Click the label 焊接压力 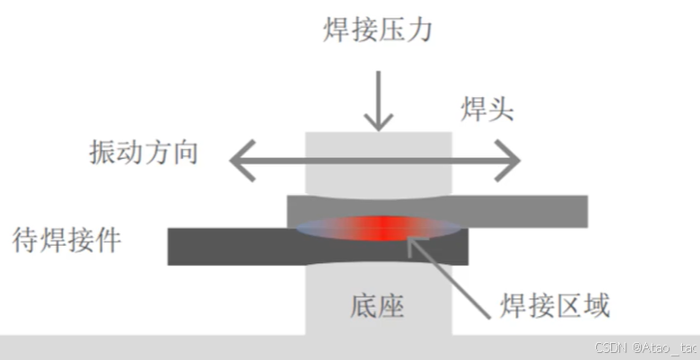[x=378, y=31]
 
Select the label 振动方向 [x=144, y=152]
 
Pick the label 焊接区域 [x=555, y=307]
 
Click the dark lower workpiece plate [x=224, y=247]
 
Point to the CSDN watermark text [x=633, y=347]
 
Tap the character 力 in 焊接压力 [x=419, y=31]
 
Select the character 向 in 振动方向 [x=184, y=152]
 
